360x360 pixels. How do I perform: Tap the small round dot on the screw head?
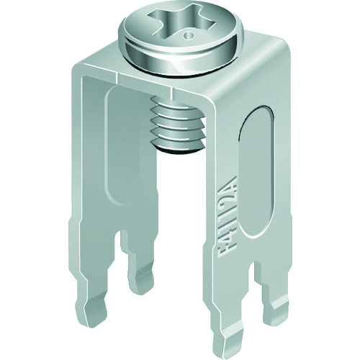click(189, 32)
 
